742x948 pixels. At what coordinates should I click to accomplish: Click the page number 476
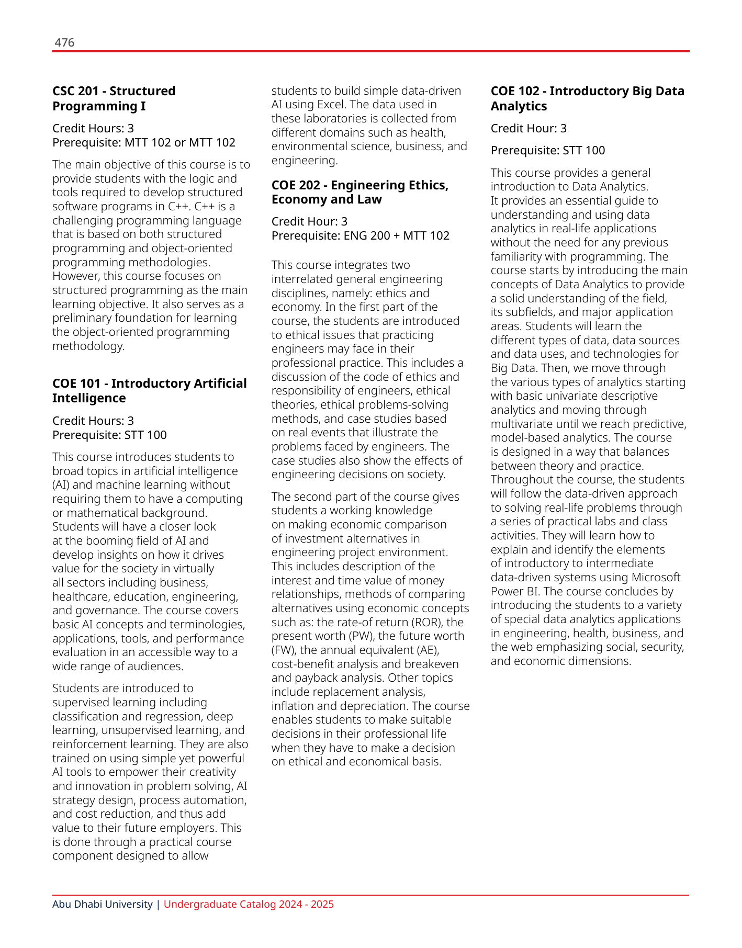[64, 42]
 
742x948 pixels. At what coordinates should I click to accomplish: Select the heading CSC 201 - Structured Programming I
[114, 98]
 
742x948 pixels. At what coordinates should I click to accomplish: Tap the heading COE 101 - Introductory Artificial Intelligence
[149, 391]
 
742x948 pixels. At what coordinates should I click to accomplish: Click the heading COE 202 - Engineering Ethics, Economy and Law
[359, 192]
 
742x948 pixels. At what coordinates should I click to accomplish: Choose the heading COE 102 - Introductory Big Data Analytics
[587, 98]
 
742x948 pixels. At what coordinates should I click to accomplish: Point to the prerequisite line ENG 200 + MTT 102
[360, 235]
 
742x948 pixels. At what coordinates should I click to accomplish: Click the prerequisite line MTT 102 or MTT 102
[144, 142]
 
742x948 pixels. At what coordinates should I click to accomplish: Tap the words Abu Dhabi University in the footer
[103, 904]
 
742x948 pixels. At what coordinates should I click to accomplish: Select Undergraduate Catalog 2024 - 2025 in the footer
[249, 904]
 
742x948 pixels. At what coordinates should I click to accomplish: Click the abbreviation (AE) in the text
[426, 650]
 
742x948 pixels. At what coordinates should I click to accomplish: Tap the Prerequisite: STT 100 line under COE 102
[547, 151]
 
